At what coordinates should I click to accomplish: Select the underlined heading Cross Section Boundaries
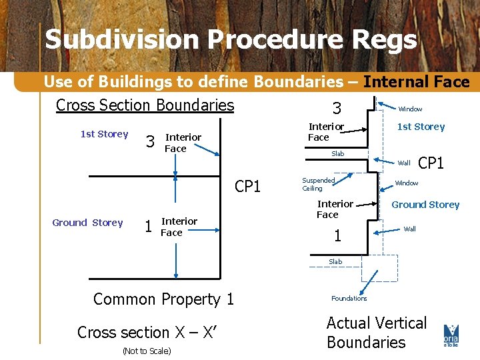point(145,105)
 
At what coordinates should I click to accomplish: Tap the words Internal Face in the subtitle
point(416,82)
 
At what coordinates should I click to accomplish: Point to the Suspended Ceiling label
point(318,184)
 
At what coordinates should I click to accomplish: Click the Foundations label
point(349,298)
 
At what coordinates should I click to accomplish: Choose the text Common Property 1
point(163,299)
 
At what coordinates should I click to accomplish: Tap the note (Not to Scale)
point(146,351)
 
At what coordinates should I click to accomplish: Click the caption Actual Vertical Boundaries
point(376,333)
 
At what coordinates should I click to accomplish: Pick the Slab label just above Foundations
point(335,261)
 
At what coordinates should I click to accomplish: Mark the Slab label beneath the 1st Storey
point(338,154)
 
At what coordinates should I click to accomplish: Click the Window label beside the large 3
point(410,109)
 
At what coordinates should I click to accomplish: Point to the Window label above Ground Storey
point(407,183)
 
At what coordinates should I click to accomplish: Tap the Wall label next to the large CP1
point(404,163)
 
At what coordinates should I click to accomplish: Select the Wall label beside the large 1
point(410,229)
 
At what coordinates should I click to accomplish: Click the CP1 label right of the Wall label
point(431,163)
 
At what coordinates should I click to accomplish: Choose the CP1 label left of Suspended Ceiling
point(247,187)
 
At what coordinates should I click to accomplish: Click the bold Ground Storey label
point(425,205)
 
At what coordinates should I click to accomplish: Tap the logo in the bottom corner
point(451,335)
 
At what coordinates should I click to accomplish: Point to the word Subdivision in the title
point(122,40)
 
